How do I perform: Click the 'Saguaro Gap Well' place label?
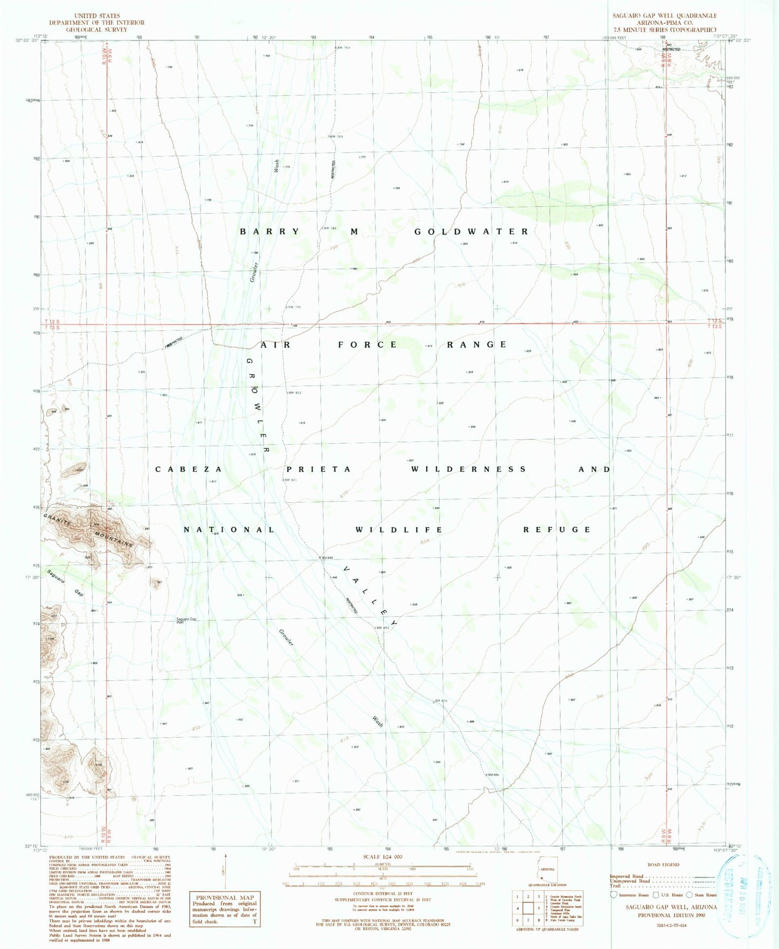click(x=187, y=620)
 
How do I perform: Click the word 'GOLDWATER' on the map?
click(x=471, y=232)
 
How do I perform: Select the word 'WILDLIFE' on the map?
click(x=399, y=530)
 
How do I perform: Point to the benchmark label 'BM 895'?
click(x=494, y=775)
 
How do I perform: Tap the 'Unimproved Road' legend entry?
click(x=629, y=881)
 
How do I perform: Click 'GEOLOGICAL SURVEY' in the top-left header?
click(x=97, y=30)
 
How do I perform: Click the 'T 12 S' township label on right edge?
click(x=715, y=321)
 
